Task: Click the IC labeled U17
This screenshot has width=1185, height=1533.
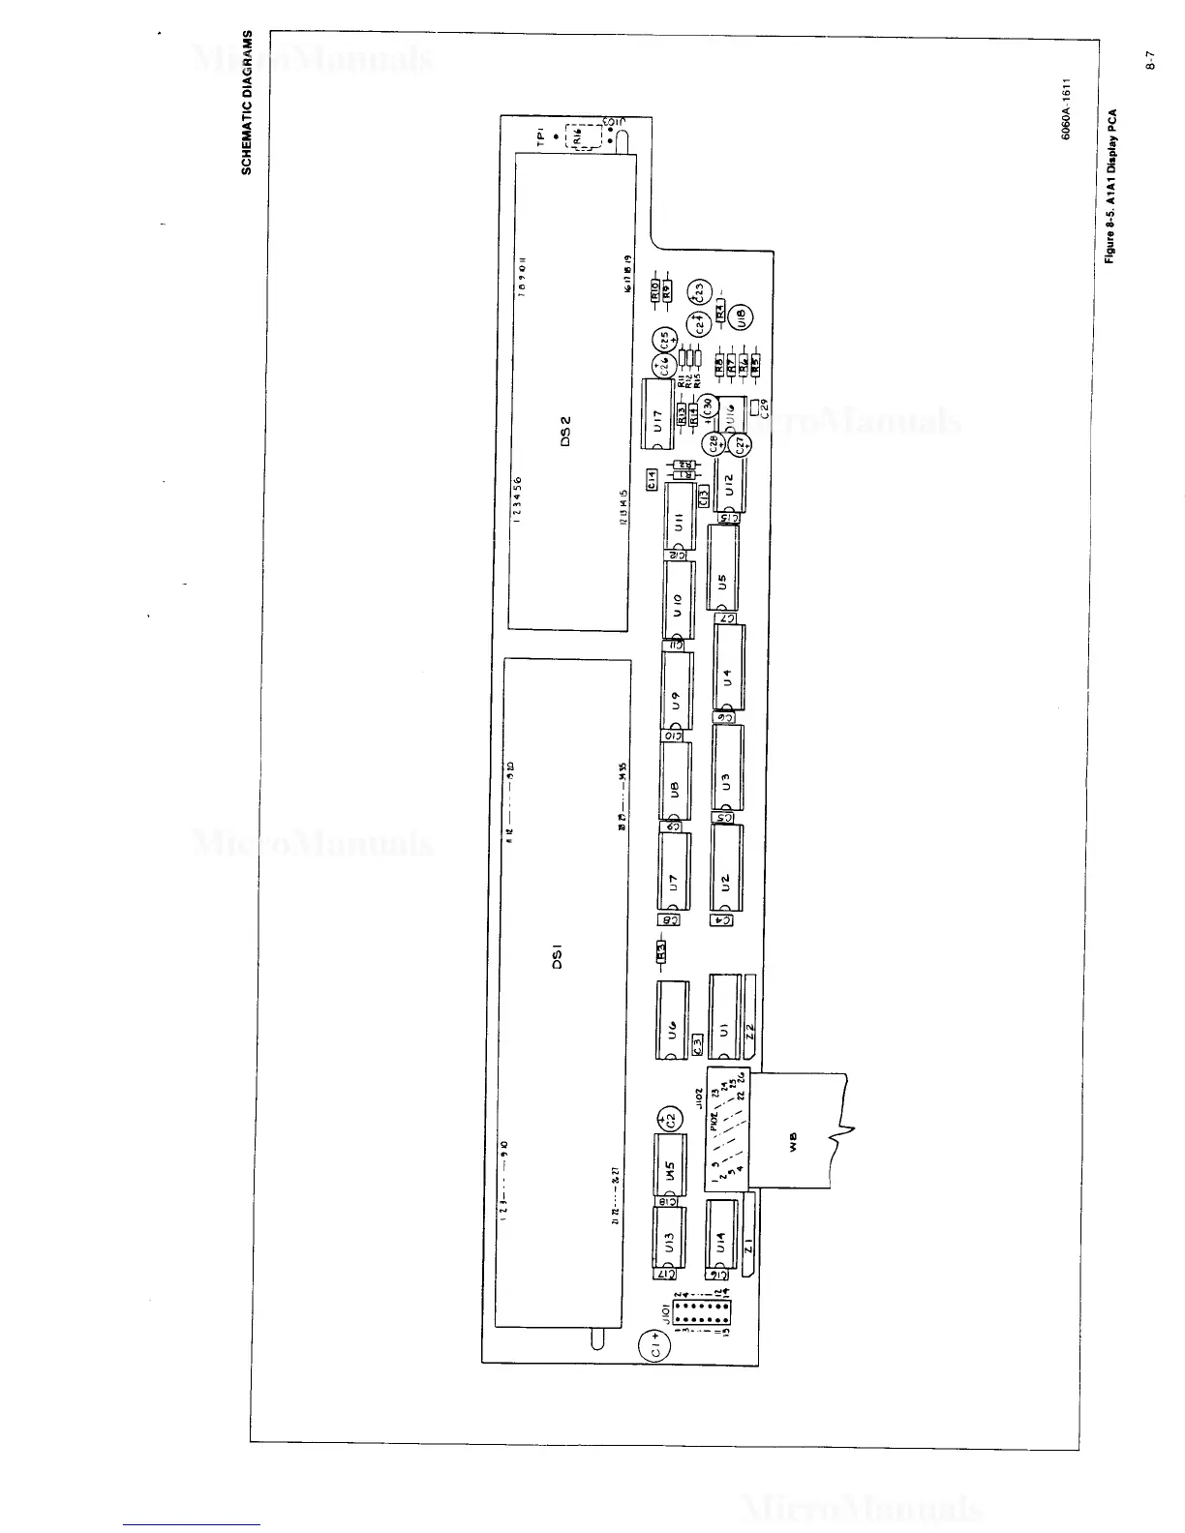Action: pyautogui.click(x=656, y=415)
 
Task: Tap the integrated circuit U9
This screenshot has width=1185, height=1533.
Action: pyautogui.click(x=678, y=691)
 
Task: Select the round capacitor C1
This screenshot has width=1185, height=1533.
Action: pyautogui.click(x=655, y=1346)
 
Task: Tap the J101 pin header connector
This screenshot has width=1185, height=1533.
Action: pyautogui.click(x=702, y=1316)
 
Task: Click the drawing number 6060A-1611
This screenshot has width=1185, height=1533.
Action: pyautogui.click(x=1066, y=109)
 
